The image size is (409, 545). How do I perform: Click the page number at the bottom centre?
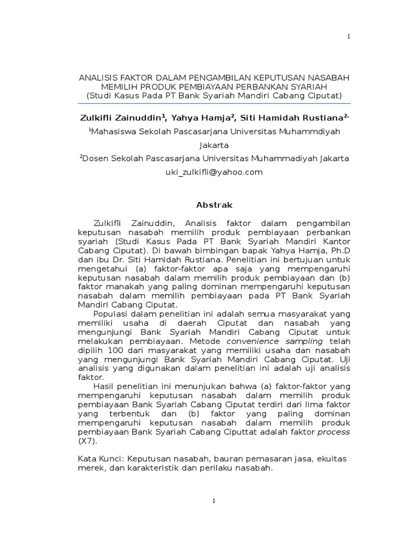(214, 501)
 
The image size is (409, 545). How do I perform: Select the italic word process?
(334, 432)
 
